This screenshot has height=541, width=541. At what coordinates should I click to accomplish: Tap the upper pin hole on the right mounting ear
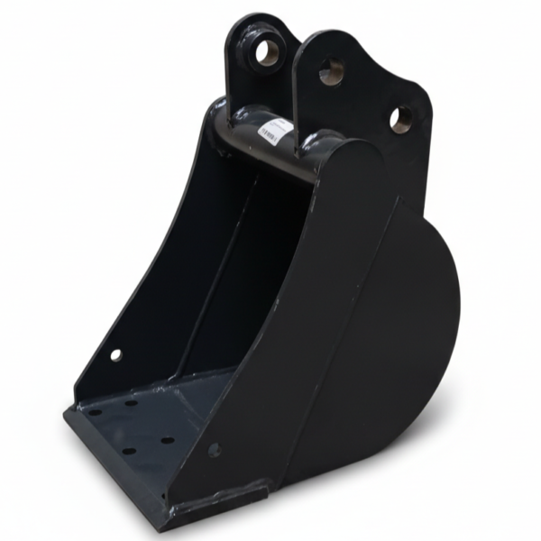[331, 70]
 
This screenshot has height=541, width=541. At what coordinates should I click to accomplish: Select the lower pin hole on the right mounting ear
[401, 117]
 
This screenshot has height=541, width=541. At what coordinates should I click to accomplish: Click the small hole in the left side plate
[115, 354]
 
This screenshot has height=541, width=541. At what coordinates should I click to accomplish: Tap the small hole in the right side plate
[214, 448]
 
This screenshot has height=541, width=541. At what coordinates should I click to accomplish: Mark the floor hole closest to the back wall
[132, 402]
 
